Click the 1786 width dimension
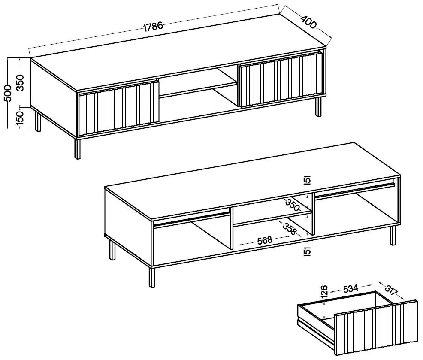coord(153,27)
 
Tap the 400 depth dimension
coord(308,22)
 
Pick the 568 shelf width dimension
coord(264,240)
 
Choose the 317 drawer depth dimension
coord(391,290)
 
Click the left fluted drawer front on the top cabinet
coord(119,107)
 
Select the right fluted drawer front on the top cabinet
coord(281,79)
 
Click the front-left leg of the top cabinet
coord(78,149)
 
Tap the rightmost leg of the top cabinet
coord(319,107)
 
